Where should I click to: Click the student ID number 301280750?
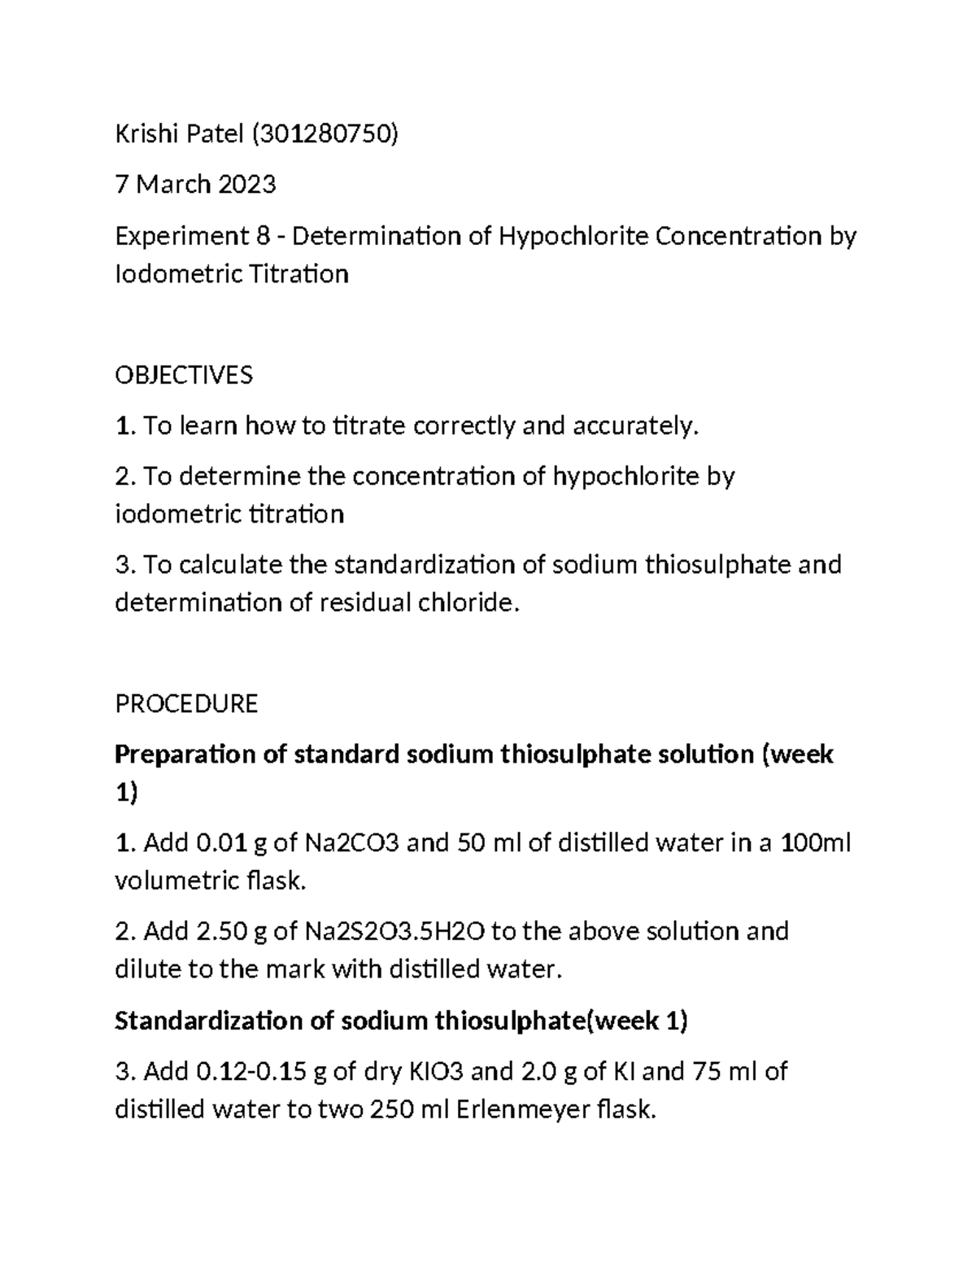(325, 134)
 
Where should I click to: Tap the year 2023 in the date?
(246, 185)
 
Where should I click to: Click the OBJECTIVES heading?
(184, 375)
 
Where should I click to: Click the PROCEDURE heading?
(186, 703)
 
